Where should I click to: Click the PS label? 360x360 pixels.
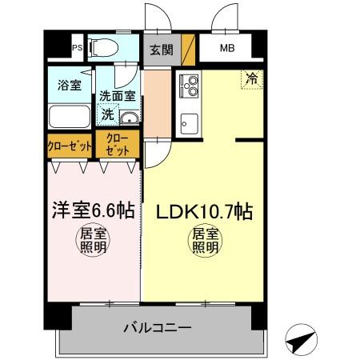78,47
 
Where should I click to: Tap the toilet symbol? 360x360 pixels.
102,48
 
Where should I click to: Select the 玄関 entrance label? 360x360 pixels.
161,49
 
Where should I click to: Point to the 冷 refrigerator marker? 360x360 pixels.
252,79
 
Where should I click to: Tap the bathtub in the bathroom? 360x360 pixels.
70,117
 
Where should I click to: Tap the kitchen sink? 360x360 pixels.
190,124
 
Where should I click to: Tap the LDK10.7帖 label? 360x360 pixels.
206,213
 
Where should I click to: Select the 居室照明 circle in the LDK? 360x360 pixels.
205,242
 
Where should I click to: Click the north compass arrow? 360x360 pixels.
302,341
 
